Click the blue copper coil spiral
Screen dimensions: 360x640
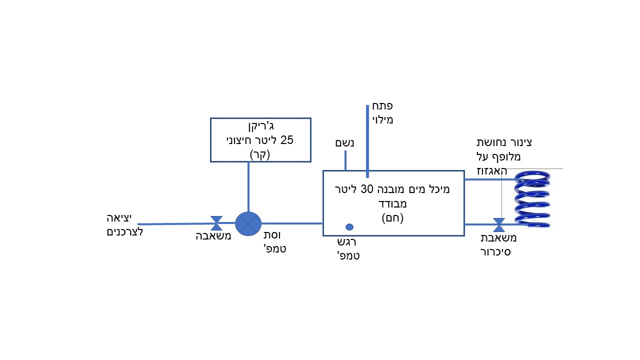click(533, 198)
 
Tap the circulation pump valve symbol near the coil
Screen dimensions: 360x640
click(498, 224)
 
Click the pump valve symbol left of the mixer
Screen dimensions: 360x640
click(216, 223)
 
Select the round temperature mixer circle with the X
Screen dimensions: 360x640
click(248, 223)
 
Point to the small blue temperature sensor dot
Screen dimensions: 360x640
click(349, 227)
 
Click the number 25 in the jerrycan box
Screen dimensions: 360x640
click(287, 140)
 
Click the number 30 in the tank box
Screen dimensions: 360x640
click(381, 189)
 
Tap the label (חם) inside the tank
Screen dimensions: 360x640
click(392, 218)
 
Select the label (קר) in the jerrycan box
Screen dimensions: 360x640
click(259, 154)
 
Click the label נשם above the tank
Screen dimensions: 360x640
click(344, 143)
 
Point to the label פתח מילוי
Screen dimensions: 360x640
click(382, 113)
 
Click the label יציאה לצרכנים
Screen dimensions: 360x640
click(124, 224)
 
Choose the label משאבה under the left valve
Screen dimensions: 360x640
click(213, 236)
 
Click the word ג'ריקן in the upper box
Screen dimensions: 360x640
click(261, 126)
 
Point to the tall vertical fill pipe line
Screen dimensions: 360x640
click(367, 140)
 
